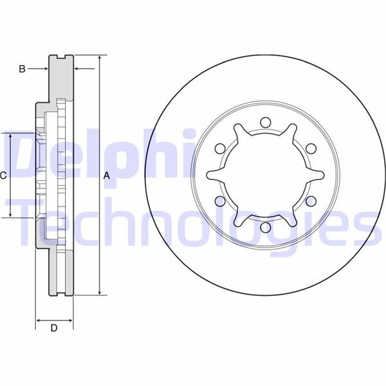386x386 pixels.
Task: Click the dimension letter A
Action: pyautogui.click(x=107, y=175)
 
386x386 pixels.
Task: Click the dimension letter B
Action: pyautogui.click(x=22, y=69)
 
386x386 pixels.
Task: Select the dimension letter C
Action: pyautogui.click(x=3, y=175)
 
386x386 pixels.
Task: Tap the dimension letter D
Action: pyautogui.click(x=54, y=328)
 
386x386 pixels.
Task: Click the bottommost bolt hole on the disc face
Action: pyautogui.click(x=264, y=227)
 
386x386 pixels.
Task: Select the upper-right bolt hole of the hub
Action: pyautogui.click(x=310, y=149)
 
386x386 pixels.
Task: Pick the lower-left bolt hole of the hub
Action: pyautogui.click(x=219, y=201)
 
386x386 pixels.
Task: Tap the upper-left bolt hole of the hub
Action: pyautogui.click(x=219, y=149)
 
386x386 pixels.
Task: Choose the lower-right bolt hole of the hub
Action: pyautogui.click(x=310, y=201)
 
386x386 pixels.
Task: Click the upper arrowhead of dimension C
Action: pyautogui.click(x=10, y=136)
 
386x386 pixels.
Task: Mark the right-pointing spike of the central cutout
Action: pyautogui.click(x=322, y=175)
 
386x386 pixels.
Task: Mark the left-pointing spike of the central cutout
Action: pyautogui.click(x=208, y=175)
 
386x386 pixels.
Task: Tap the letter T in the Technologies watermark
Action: pyautogui.click(x=30, y=222)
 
